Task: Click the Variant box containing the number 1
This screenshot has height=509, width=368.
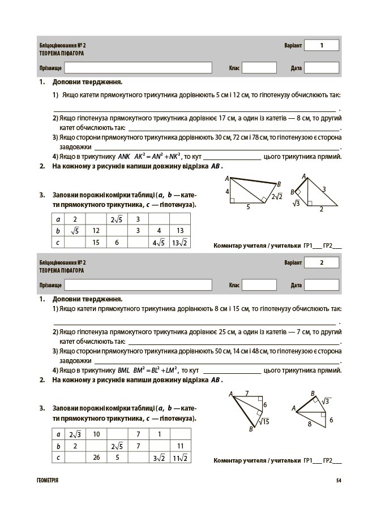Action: point(321,45)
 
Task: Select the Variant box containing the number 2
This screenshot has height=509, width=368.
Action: point(321,262)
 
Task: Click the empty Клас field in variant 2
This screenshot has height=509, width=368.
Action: point(259,285)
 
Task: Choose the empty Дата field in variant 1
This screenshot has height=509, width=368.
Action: point(322,68)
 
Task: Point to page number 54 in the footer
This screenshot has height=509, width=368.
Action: point(338,481)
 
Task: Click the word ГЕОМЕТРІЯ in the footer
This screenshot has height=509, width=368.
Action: point(47,481)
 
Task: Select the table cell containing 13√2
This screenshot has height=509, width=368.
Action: point(180,243)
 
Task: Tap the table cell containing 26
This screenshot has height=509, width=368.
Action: point(96,458)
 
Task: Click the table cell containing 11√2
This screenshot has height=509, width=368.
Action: point(180,458)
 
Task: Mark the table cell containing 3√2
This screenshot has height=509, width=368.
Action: point(159,458)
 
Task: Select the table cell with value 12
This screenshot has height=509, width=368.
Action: point(96,231)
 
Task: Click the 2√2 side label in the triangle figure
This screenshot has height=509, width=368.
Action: point(276,197)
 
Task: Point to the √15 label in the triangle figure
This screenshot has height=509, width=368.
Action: point(263,421)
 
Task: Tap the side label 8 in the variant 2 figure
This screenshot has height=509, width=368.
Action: point(309,423)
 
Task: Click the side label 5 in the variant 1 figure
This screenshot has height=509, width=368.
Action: point(248,207)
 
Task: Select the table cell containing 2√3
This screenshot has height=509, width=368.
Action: point(75,434)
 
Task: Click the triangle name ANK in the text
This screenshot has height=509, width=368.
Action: point(124,157)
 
